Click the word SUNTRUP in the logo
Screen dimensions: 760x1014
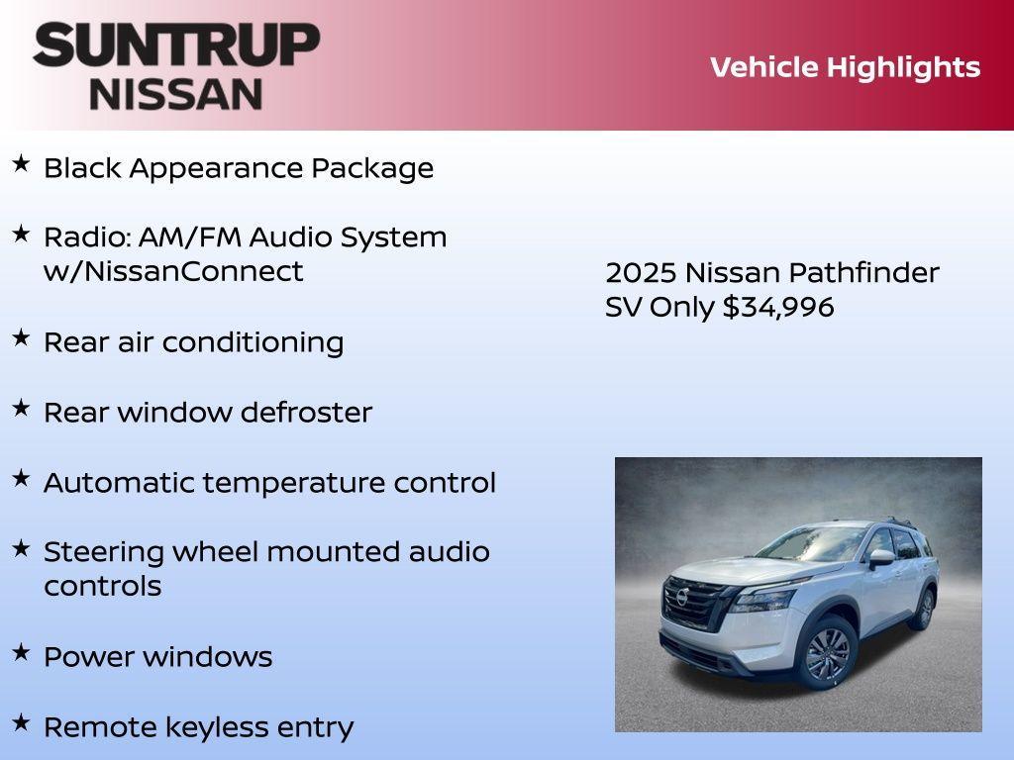176,46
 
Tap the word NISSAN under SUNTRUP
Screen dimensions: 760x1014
176,93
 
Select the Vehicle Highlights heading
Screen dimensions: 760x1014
845,67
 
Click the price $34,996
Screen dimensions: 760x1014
778,307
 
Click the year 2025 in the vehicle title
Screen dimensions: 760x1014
641,273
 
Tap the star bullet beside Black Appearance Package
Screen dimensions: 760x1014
21,164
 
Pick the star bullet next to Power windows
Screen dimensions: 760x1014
21,652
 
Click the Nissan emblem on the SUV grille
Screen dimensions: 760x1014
681,599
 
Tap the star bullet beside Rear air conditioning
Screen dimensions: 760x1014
21,337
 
